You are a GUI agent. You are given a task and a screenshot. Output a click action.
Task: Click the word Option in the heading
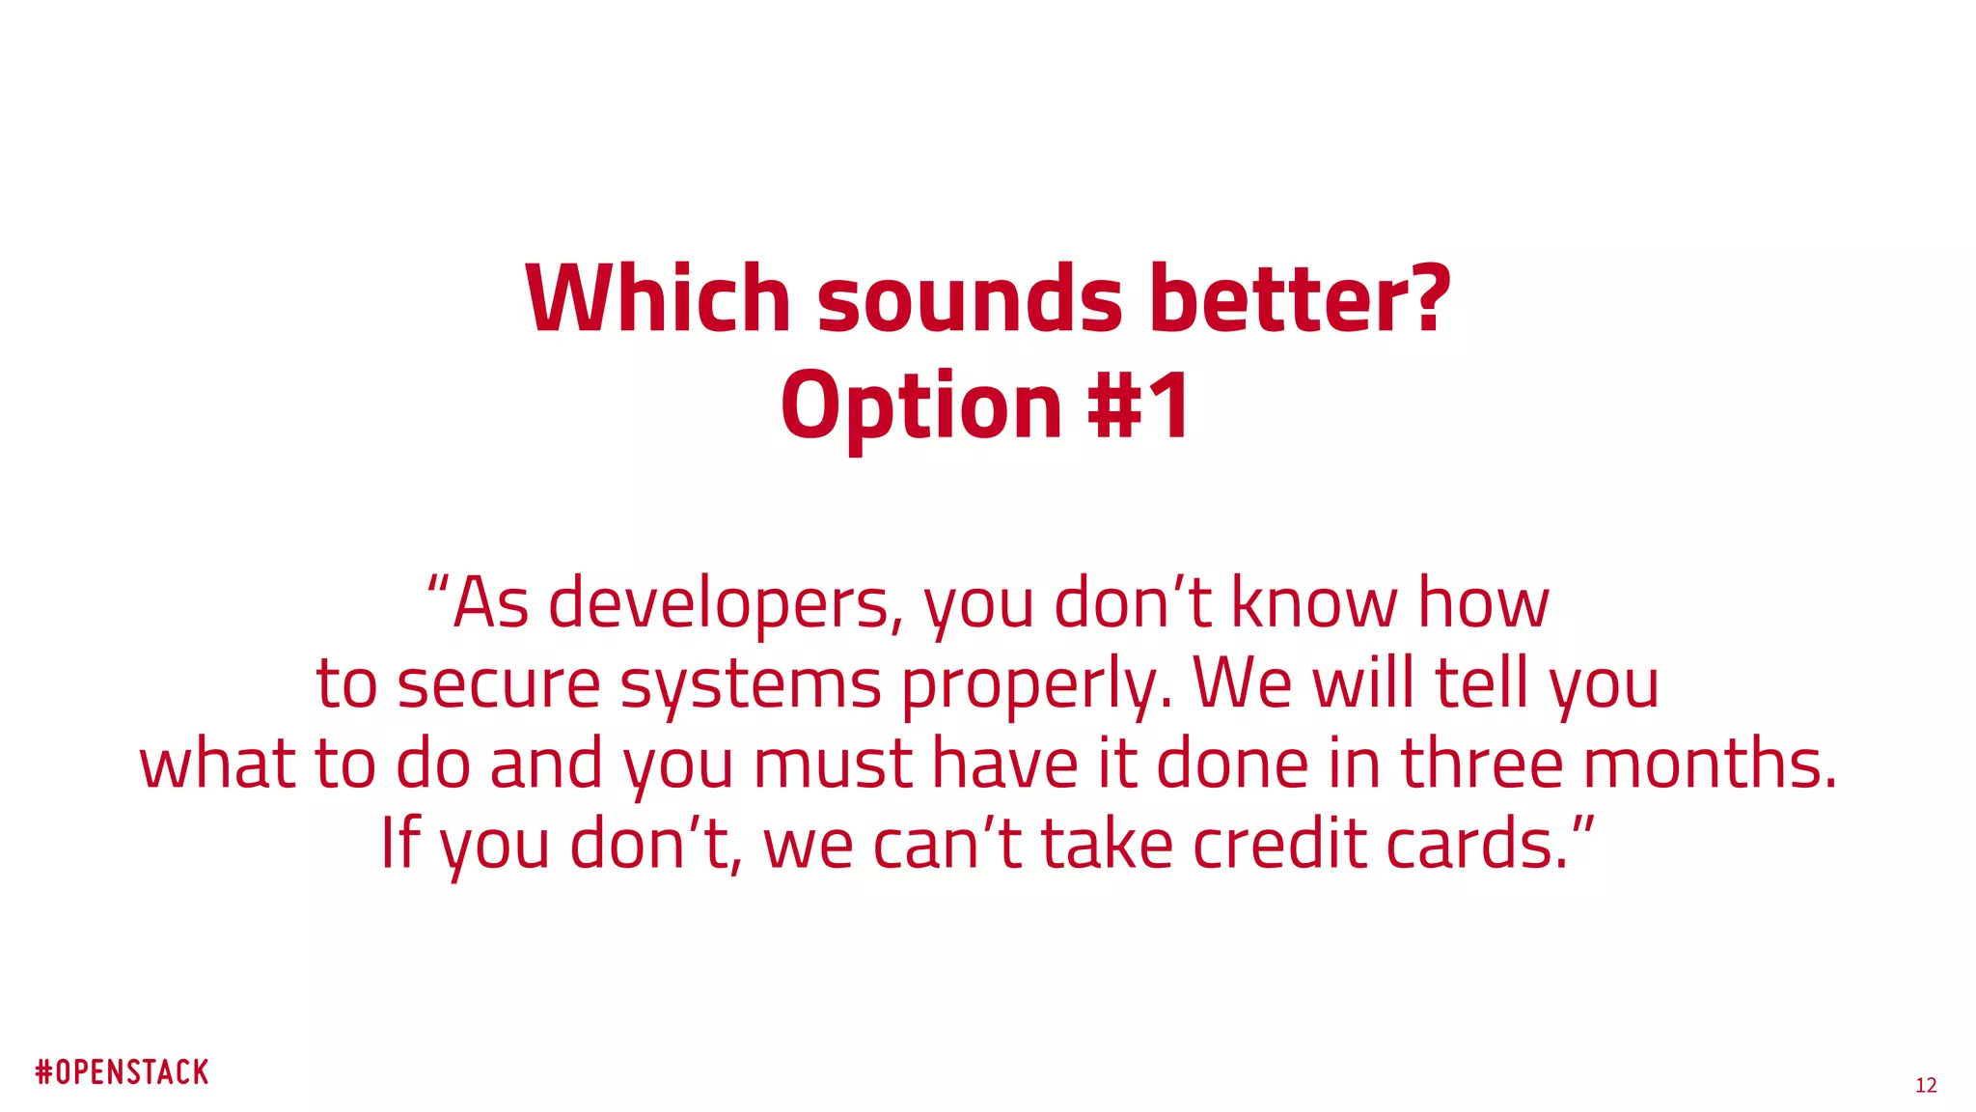click(x=921, y=406)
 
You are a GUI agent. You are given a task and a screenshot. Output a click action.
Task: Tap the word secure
click(x=499, y=684)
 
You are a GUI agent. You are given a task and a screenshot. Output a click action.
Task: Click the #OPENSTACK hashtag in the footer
click(x=123, y=1072)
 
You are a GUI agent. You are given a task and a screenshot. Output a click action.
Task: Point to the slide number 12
click(x=1926, y=1086)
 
